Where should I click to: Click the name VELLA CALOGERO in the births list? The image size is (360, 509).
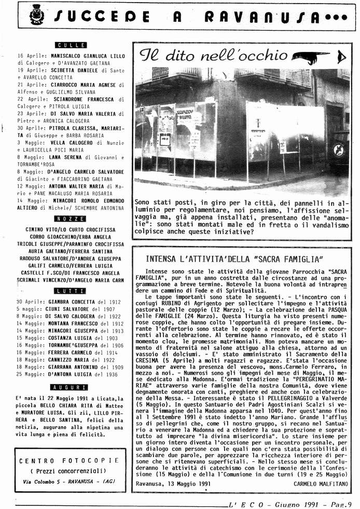(68, 142)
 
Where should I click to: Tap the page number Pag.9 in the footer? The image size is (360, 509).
(340, 503)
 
